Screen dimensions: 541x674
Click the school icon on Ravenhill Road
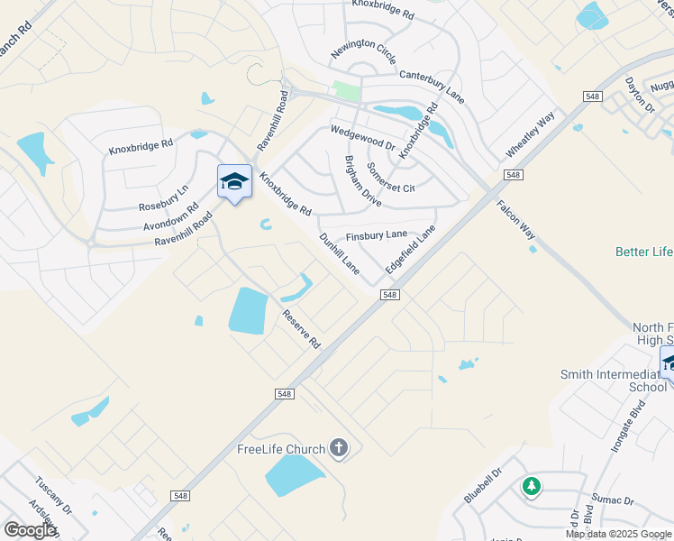[x=234, y=181]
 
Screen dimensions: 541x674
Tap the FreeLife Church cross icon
[x=339, y=447]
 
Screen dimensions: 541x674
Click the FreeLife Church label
[x=280, y=449]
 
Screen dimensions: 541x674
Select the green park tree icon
[x=532, y=487]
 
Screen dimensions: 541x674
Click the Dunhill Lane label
[x=340, y=253]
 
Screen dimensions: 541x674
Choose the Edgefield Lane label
[x=410, y=250]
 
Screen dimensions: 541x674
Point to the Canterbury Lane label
[x=432, y=87]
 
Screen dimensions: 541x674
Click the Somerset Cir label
[x=391, y=178]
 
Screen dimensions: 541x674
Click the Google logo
[x=30, y=530]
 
